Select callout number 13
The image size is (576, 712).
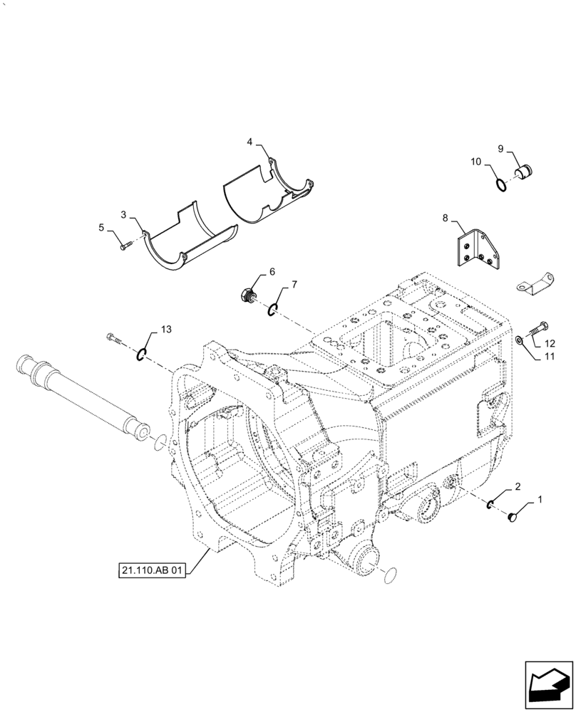[x=166, y=329]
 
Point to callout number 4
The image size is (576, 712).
[x=250, y=142]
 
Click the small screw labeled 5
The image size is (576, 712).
[x=125, y=244]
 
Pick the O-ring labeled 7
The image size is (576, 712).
[x=273, y=308]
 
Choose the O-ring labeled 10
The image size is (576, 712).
[x=502, y=185]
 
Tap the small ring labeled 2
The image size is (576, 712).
[x=492, y=504]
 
